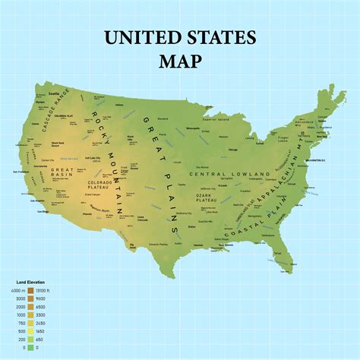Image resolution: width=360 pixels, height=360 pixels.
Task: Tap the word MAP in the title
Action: coord(180,60)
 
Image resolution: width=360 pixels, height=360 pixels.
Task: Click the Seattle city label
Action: coord(54,93)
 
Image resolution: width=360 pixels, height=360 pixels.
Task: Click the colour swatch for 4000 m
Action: coord(31,290)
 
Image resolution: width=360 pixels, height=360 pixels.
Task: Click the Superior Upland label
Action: coord(216,118)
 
